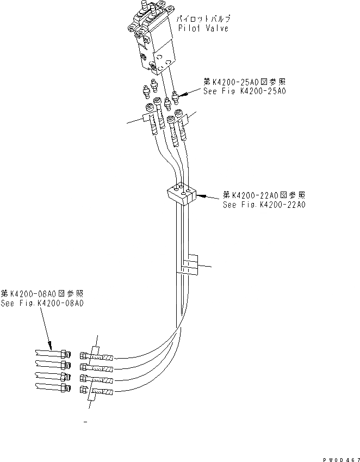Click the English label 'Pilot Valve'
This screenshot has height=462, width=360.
click(x=202, y=28)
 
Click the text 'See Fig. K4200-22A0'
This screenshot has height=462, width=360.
click(x=264, y=205)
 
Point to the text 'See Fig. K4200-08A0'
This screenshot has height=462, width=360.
click(x=42, y=304)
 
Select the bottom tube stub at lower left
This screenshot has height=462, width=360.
click(x=51, y=387)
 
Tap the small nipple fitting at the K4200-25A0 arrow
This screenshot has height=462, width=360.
click(x=175, y=98)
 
